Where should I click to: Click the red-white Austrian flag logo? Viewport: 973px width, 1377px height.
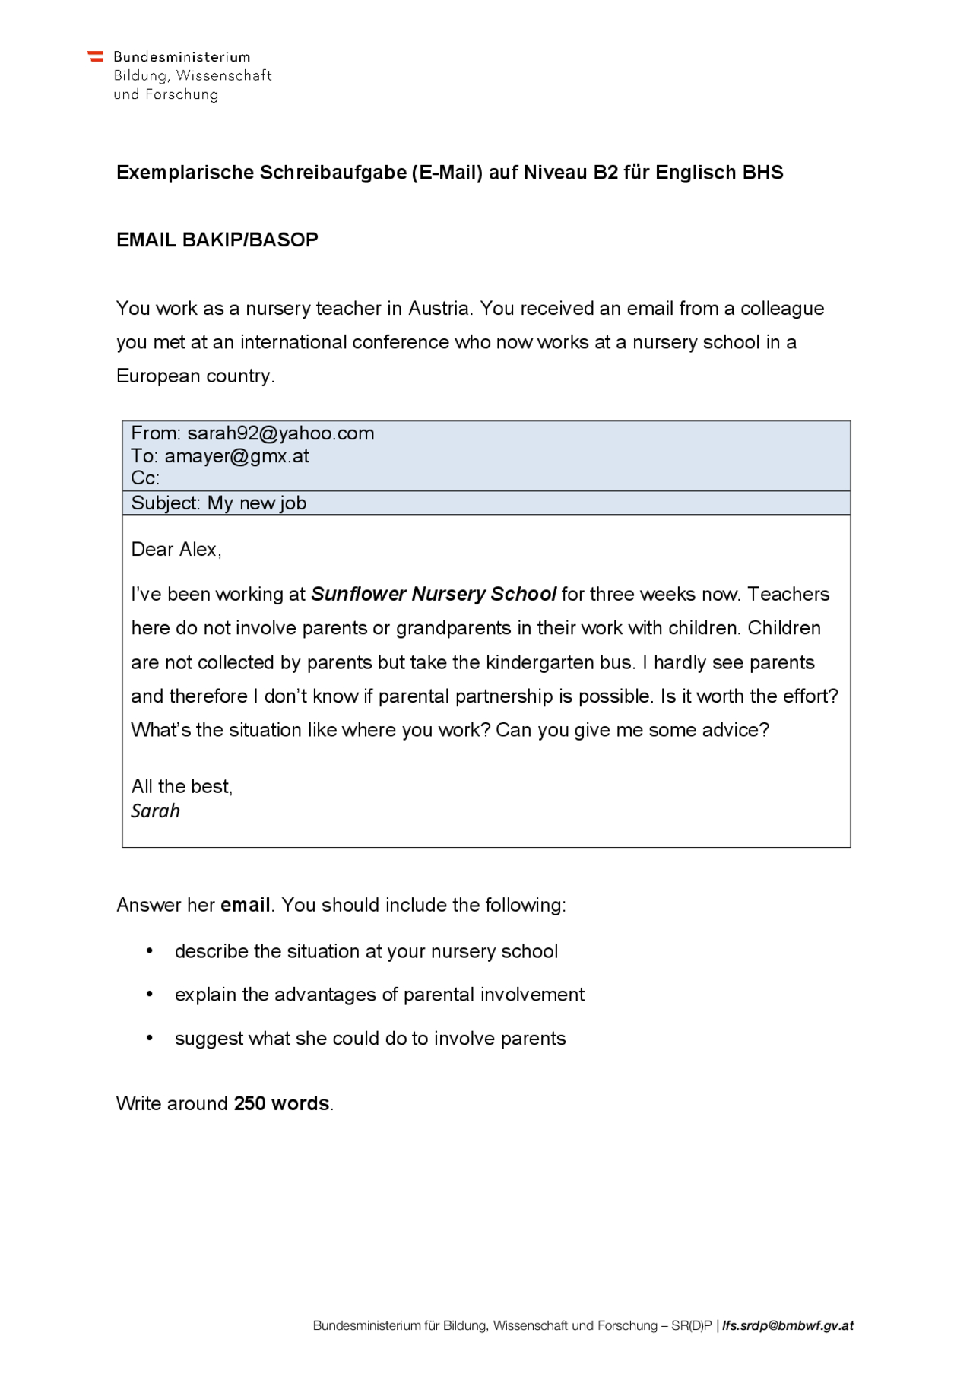click(x=95, y=57)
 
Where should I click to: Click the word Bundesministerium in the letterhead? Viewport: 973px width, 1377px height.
click(x=182, y=57)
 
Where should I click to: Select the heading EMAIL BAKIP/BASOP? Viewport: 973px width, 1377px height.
click(x=217, y=240)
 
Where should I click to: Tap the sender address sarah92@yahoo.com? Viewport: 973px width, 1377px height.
click(x=280, y=433)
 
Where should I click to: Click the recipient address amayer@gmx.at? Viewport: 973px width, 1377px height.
click(x=236, y=456)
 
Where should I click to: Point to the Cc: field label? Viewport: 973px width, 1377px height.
click(x=145, y=478)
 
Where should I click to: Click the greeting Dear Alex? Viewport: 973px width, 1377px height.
click(x=176, y=550)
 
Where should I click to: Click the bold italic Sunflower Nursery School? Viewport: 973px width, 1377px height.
click(x=433, y=594)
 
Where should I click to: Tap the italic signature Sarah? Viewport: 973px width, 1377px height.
click(x=155, y=811)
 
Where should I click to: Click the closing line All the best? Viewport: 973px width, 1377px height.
click(x=182, y=786)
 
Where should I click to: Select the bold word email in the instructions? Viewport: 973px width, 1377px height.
click(x=245, y=905)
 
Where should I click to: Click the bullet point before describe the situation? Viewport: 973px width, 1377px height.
click(x=150, y=951)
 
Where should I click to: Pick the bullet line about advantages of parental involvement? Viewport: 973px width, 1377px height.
click(x=379, y=995)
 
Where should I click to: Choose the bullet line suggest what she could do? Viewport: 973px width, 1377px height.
click(x=370, y=1039)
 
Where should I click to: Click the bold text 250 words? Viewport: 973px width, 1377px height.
click(x=281, y=1103)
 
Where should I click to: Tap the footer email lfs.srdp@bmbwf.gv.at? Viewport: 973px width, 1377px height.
click(x=788, y=1325)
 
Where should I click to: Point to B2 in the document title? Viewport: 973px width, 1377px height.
click(x=606, y=173)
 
